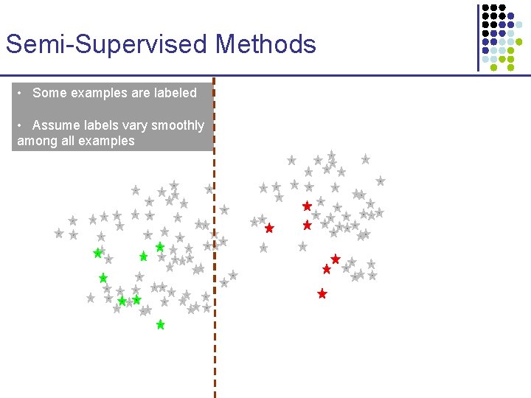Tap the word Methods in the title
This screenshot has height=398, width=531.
click(x=265, y=44)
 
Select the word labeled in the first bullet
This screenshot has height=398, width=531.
click(x=175, y=93)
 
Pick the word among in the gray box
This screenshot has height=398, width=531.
click(x=38, y=141)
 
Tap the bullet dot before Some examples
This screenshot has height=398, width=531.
click(x=21, y=93)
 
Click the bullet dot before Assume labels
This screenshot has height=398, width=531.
click(x=21, y=125)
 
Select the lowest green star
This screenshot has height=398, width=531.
click(x=160, y=324)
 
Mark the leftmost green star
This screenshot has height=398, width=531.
click(x=97, y=254)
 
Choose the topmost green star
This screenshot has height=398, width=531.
click(x=159, y=247)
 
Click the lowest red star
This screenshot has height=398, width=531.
click(x=322, y=293)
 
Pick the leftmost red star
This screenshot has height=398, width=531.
click(x=269, y=228)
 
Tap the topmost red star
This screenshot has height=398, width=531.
click(x=307, y=206)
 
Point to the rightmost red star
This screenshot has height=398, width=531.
click(x=336, y=259)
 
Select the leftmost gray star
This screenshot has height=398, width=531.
click(x=59, y=233)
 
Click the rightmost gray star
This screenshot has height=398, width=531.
click(x=381, y=181)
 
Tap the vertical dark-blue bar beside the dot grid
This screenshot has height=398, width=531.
click(x=477, y=37)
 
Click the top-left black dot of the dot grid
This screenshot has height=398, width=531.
click(x=485, y=8)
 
